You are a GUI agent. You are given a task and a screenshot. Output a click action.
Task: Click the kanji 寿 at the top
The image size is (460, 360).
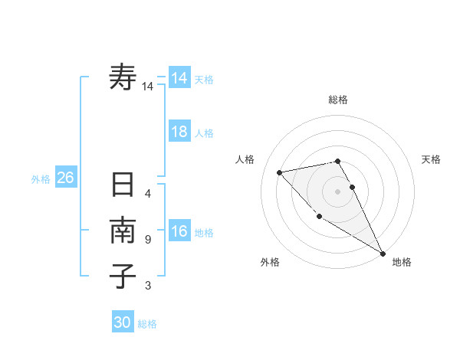pyautogui.click(x=123, y=77)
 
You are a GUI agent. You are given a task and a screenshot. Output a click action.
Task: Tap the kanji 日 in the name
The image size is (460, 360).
pyautogui.click(x=123, y=186)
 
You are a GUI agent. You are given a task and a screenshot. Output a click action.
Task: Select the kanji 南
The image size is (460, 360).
pyautogui.click(x=123, y=231)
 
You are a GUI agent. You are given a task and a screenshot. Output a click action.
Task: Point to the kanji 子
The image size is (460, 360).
pyautogui.click(x=123, y=276)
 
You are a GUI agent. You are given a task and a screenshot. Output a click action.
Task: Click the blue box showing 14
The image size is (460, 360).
pyautogui.click(x=179, y=78)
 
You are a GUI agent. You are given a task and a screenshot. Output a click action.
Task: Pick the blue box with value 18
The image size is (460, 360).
pyautogui.click(x=179, y=132)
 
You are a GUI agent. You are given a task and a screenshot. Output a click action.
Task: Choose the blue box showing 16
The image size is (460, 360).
pyautogui.click(x=179, y=231)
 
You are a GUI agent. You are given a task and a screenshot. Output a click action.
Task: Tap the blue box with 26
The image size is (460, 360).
pyautogui.click(x=65, y=178)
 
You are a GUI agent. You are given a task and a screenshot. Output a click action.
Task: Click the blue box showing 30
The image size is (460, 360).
pyautogui.click(x=123, y=322)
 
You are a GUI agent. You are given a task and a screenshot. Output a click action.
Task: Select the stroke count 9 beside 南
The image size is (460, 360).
pyautogui.click(x=148, y=240)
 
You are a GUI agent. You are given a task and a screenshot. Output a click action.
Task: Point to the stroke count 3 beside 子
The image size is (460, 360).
pyautogui.click(x=148, y=286)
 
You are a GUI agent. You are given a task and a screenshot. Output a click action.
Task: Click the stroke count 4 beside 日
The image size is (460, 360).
pyautogui.click(x=148, y=193)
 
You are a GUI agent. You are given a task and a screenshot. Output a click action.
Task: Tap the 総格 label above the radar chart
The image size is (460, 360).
pyautogui.click(x=338, y=100)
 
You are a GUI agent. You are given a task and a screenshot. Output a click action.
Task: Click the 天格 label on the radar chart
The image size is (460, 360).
pyautogui.click(x=432, y=159)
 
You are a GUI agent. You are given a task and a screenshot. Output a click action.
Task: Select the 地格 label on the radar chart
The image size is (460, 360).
pyautogui.click(x=402, y=262)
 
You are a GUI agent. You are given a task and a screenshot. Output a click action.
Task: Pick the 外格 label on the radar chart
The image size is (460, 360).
pyautogui.click(x=270, y=262)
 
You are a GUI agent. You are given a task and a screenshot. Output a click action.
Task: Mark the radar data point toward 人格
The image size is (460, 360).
pyautogui.click(x=280, y=172)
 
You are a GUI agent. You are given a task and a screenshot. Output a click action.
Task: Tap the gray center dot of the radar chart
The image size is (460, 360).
pyautogui.click(x=338, y=191)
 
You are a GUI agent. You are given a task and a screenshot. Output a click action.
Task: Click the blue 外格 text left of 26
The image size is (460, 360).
pyautogui.click(x=41, y=179)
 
